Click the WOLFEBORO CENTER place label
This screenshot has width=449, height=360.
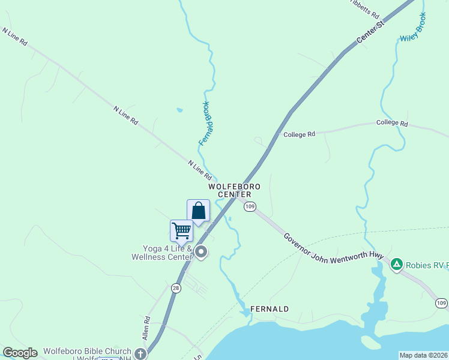(230, 190)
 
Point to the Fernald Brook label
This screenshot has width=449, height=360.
(206, 123)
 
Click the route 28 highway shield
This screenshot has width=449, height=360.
(176, 289)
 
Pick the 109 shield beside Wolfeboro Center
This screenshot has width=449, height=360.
(250, 206)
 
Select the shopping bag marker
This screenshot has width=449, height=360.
(199, 211)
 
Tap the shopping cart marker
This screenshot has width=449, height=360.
(181, 230)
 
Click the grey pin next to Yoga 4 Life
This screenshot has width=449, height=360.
(202, 252)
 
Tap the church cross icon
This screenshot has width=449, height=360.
(140, 353)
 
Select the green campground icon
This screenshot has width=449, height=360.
(396, 264)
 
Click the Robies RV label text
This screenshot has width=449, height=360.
(427, 265)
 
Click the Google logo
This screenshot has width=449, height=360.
(20, 353)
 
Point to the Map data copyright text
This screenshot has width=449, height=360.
(423, 355)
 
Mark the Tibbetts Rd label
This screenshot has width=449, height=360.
(365, 8)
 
